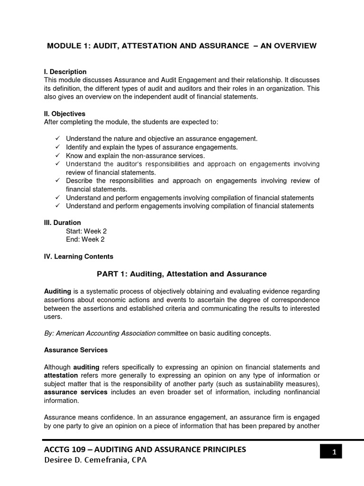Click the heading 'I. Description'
pos(65,72)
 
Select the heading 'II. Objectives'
pos(64,114)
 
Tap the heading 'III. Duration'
pos(62,223)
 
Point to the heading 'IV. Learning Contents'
pos(78,257)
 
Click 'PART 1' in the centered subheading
pos(113,274)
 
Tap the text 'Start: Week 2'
pos(86,231)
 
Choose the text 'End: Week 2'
pos(85,240)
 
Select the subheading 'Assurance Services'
pos(76,350)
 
